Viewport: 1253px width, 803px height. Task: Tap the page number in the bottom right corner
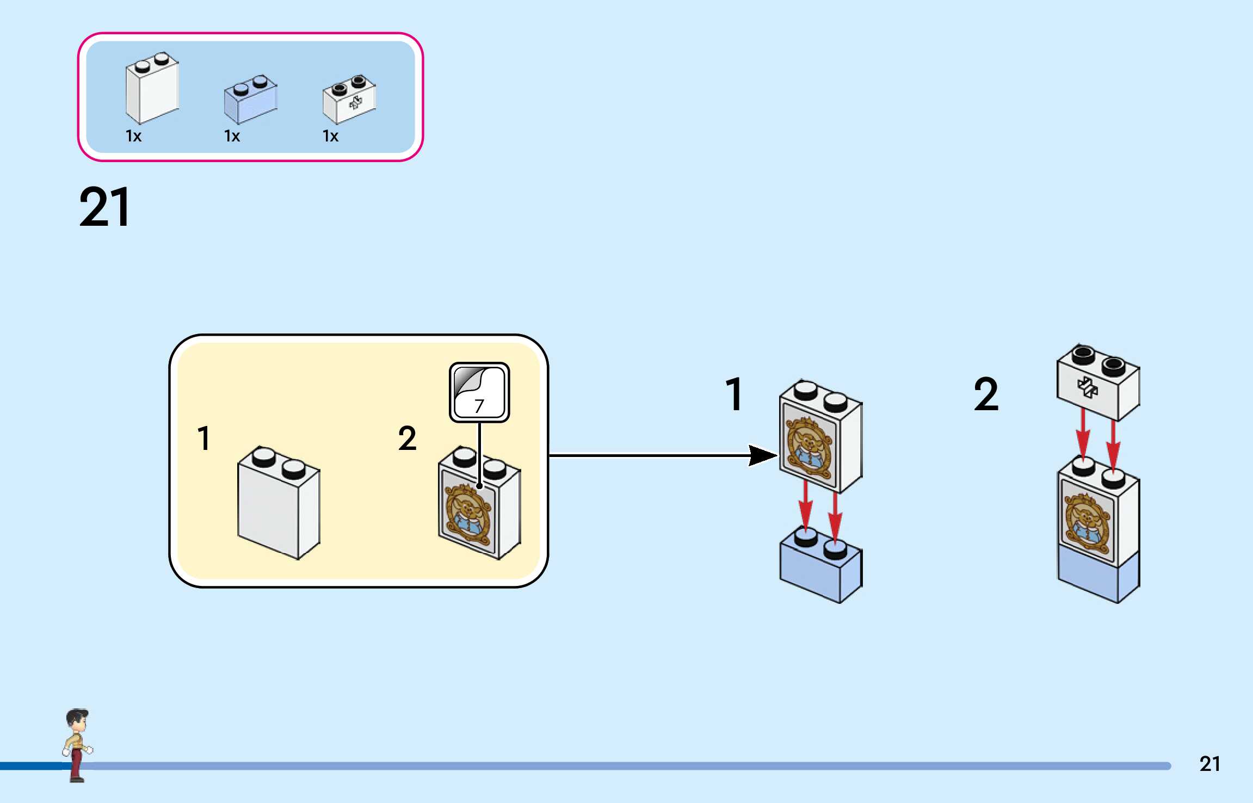[1209, 764]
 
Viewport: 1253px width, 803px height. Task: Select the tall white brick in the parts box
[152, 90]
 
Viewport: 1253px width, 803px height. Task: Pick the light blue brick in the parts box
[250, 101]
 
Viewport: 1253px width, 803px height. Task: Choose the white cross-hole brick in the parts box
[349, 101]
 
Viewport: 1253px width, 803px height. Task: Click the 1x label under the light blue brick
[232, 136]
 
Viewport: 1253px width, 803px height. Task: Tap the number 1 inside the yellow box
[204, 438]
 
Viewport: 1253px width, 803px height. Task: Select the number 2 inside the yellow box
[407, 438]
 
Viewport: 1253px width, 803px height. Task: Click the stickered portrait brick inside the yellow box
[479, 506]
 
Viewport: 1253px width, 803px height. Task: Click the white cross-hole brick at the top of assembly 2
[1098, 384]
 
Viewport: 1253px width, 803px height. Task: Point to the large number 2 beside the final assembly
[986, 394]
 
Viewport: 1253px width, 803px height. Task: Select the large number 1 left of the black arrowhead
[734, 394]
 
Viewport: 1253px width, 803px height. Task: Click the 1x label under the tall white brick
[133, 136]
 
